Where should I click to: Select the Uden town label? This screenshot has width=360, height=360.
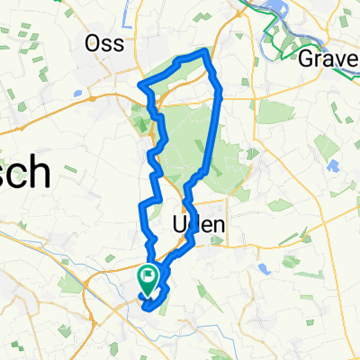click(x=197, y=225)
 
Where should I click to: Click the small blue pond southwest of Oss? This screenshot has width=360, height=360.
click(x=80, y=92)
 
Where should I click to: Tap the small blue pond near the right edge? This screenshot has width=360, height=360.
click(x=333, y=166)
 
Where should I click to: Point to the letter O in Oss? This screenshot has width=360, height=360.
click(x=91, y=42)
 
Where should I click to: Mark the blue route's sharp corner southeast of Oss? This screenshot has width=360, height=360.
click(x=140, y=85)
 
